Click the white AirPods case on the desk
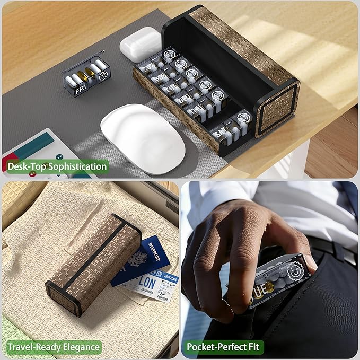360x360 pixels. [141, 45]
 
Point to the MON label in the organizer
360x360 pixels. [159, 77]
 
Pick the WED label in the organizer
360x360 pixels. [182, 99]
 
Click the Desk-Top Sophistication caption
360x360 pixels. [57, 166]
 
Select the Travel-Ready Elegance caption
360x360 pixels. [53, 347]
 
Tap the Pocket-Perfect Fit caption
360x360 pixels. [223, 347]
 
